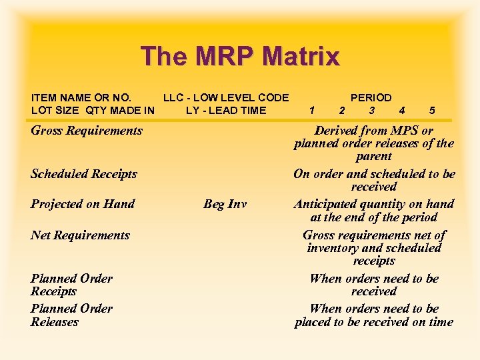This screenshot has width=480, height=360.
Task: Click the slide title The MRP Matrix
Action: (x=240, y=56)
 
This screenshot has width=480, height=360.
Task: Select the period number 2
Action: (x=341, y=111)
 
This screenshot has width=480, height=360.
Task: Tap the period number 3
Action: (x=371, y=111)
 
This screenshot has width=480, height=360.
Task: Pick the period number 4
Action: (x=401, y=111)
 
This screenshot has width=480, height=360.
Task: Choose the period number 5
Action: (x=432, y=111)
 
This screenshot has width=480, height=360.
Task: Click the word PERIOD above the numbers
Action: (x=371, y=97)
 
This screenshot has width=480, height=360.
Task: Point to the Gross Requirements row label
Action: (x=87, y=131)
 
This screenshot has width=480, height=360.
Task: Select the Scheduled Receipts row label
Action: (x=84, y=174)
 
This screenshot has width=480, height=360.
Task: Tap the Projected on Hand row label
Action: (x=83, y=204)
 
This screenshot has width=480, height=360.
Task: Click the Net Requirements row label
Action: (x=80, y=235)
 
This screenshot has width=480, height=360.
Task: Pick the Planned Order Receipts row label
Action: (x=71, y=285)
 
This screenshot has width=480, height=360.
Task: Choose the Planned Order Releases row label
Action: (x=71, y=315)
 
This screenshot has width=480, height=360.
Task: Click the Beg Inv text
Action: (x=225, y=204)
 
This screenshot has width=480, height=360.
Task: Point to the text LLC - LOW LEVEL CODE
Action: (x=226, y=97)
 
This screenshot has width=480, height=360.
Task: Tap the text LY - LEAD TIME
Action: (x=225, y=111)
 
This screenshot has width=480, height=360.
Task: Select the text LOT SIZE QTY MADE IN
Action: (x=93, y=111)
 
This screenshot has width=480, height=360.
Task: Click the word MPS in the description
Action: (x=396, y=131)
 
